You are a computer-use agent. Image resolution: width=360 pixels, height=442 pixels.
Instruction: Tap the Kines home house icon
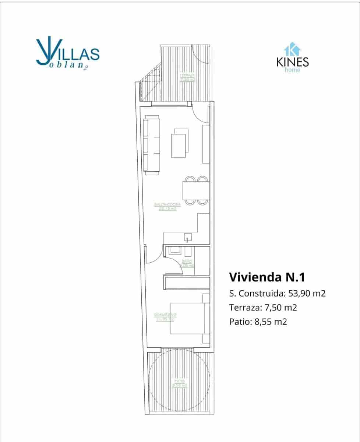[x=292, y=49]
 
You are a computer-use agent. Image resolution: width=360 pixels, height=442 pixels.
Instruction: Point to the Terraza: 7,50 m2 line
[x=263, y=308]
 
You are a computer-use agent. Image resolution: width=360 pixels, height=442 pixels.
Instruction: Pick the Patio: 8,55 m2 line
[x=258, y=322]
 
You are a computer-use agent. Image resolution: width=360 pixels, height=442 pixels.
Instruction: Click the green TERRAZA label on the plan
[x=187, y=76]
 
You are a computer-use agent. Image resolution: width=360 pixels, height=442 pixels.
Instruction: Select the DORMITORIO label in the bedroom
[x=165, y=317]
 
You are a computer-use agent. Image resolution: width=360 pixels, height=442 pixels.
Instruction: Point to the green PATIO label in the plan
[x=179, y=383]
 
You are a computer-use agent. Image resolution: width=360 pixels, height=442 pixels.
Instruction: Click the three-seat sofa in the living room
[x=152, y=145]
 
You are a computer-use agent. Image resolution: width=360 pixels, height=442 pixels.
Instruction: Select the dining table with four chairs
[x=195, y=191]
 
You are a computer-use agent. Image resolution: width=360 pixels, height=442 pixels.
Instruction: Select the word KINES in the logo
[x=292, y=61]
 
